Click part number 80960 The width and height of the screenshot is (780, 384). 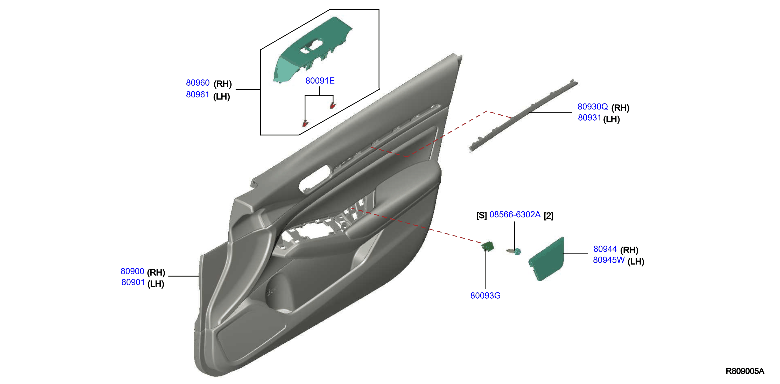[x=198, y=83]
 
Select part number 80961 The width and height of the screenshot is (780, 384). [x=198, y=95]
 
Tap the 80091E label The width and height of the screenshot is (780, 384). [x=320, y=81]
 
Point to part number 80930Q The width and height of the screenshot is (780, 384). [x=593, y=107]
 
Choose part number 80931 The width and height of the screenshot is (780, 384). [x=589, y=118]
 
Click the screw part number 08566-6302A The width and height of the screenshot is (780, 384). [x=515, y=215]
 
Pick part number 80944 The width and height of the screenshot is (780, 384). [x=605, y=249]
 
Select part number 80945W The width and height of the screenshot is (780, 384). [x=609, y=260]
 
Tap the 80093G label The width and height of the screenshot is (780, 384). [x=485, y=296]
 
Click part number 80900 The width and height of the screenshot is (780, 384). [x=132, y=271]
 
